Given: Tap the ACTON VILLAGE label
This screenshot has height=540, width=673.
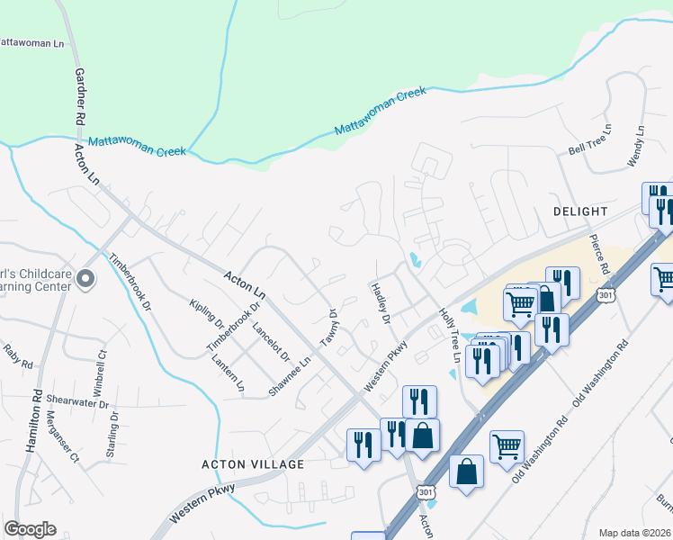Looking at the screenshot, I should click(x=253, y=464).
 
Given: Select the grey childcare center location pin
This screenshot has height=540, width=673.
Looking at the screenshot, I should click(x=85, y=279).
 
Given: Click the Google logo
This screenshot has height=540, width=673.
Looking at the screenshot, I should click(x=31, y=529).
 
